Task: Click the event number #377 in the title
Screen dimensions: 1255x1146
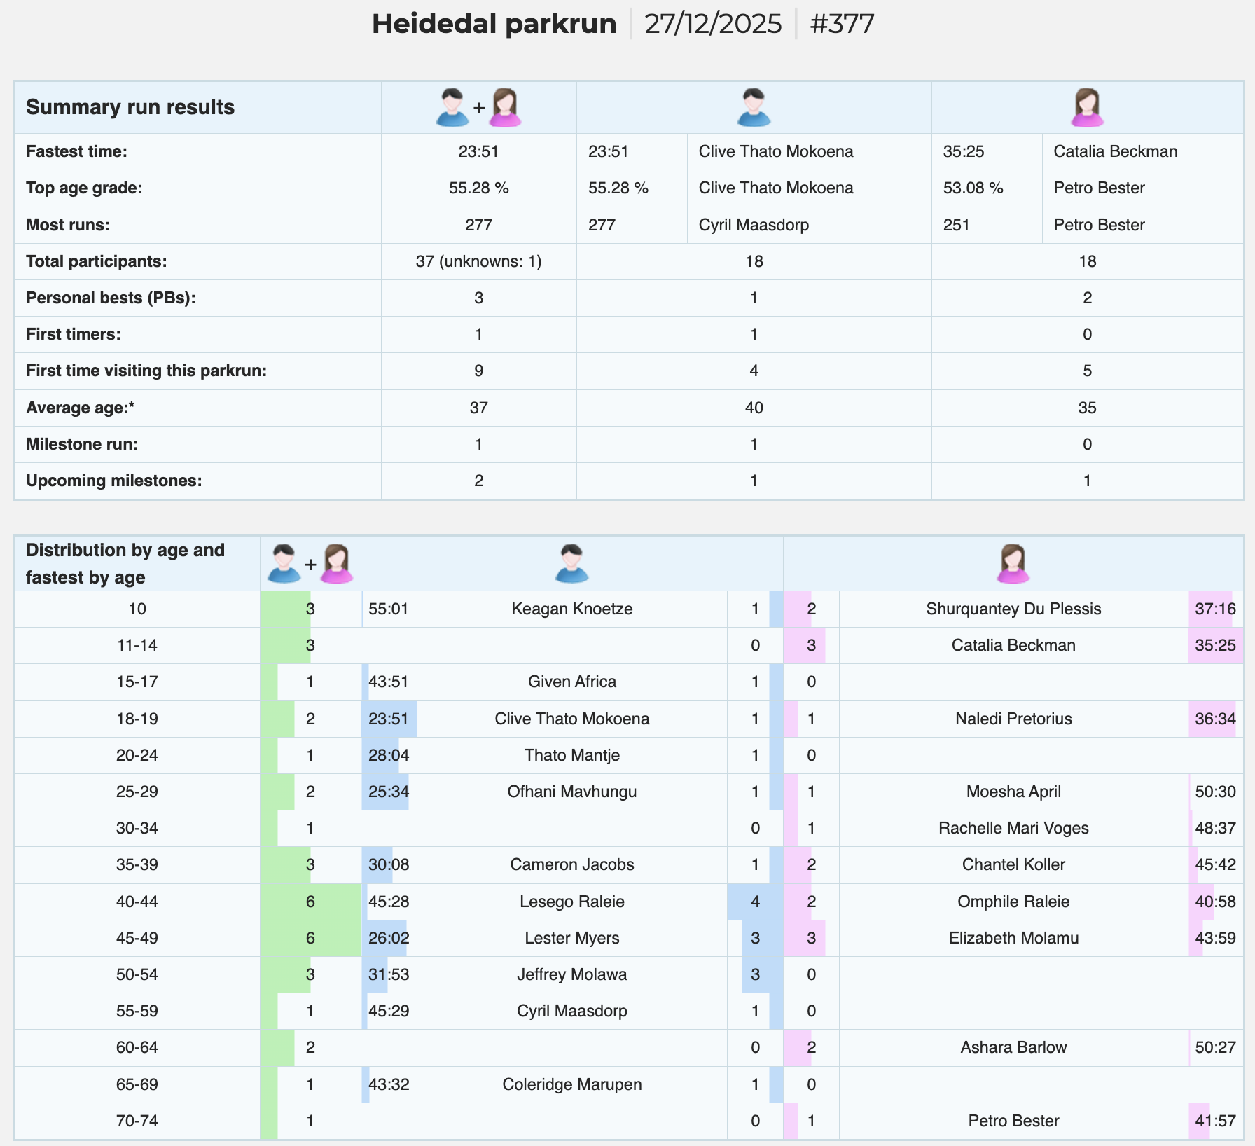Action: [842, 24]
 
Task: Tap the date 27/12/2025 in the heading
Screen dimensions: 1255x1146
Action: [713, 24]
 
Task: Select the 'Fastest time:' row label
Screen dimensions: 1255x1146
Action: [76, 151]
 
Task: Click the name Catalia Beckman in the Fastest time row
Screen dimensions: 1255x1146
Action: [1116, 151]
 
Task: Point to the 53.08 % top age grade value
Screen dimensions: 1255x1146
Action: [973, 188]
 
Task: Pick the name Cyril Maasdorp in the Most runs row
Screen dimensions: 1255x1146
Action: [754, 225]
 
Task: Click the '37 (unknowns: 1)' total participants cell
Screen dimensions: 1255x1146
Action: [478, 261]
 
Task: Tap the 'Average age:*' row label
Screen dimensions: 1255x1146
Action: [80, 408]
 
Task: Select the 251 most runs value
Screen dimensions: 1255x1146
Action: [956, 225]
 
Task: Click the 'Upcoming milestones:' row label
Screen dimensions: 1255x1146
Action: [113, 481]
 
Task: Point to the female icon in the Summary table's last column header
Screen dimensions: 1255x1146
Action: [1087, 107]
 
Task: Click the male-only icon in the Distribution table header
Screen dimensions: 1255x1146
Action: [571, 563]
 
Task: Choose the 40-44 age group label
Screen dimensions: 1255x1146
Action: [137, 902]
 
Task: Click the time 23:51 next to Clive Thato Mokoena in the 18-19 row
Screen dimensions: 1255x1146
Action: [388, 719]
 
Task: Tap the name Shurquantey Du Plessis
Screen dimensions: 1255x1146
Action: [1013, 609]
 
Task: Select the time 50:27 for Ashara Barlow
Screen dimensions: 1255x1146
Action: [1215, 1047]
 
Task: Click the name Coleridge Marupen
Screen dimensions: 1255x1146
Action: [571, 1084]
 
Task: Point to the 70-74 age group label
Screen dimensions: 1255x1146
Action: [137, 1121]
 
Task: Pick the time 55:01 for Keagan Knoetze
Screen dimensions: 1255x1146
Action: [388, 609]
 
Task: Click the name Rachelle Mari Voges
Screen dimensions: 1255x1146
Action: [1013, 828]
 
